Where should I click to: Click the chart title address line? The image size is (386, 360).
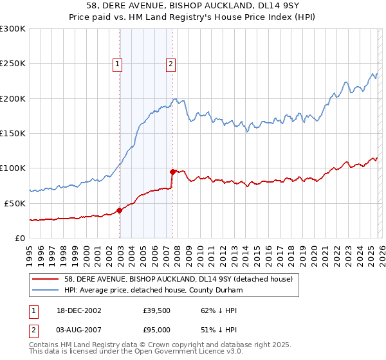(x=192, y=6)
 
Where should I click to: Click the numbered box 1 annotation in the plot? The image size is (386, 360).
(x=119, y=64)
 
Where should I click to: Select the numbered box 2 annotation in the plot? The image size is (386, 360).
(x=171, y=64)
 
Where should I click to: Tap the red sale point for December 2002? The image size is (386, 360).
(x=120, y=210)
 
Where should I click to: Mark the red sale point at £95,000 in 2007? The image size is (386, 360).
(x=172, y=172)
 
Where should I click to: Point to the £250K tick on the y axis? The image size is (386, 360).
(x=13, y=64)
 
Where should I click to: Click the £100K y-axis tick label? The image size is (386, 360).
(x=13, y=168)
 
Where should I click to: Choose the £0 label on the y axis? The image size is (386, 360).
(x=19, y=238)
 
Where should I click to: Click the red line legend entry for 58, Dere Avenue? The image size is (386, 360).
(x=178, y=279)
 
